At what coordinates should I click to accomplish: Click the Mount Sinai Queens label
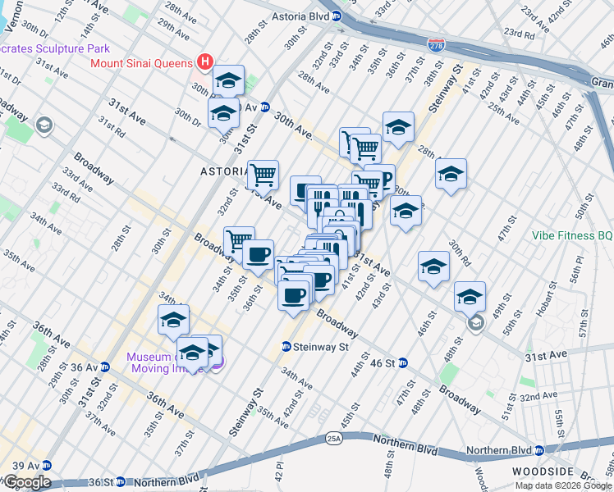[141, 62]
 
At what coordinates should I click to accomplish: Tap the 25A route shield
[332, 438]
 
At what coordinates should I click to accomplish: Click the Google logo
[27, 482]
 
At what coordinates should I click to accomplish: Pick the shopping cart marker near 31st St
[263, 173]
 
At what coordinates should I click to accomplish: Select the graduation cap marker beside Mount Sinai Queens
[228, 80]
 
